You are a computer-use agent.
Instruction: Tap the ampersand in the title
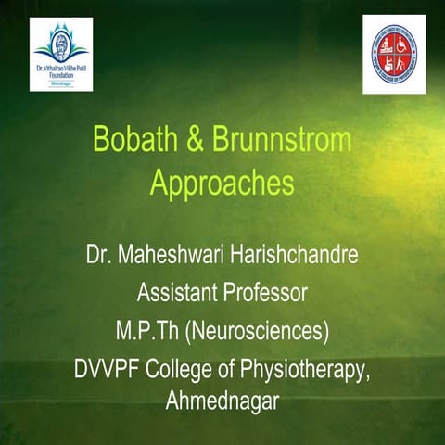(x=201, y=144)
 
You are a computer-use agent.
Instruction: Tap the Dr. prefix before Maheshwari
(x=101, y=254)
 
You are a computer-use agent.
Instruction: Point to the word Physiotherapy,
(x=311, y=368)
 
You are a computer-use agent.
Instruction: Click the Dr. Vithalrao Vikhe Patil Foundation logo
(x=60, y=54)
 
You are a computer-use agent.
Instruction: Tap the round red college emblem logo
(x=394, y=53)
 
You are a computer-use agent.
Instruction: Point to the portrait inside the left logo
(x=61, y=41)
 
